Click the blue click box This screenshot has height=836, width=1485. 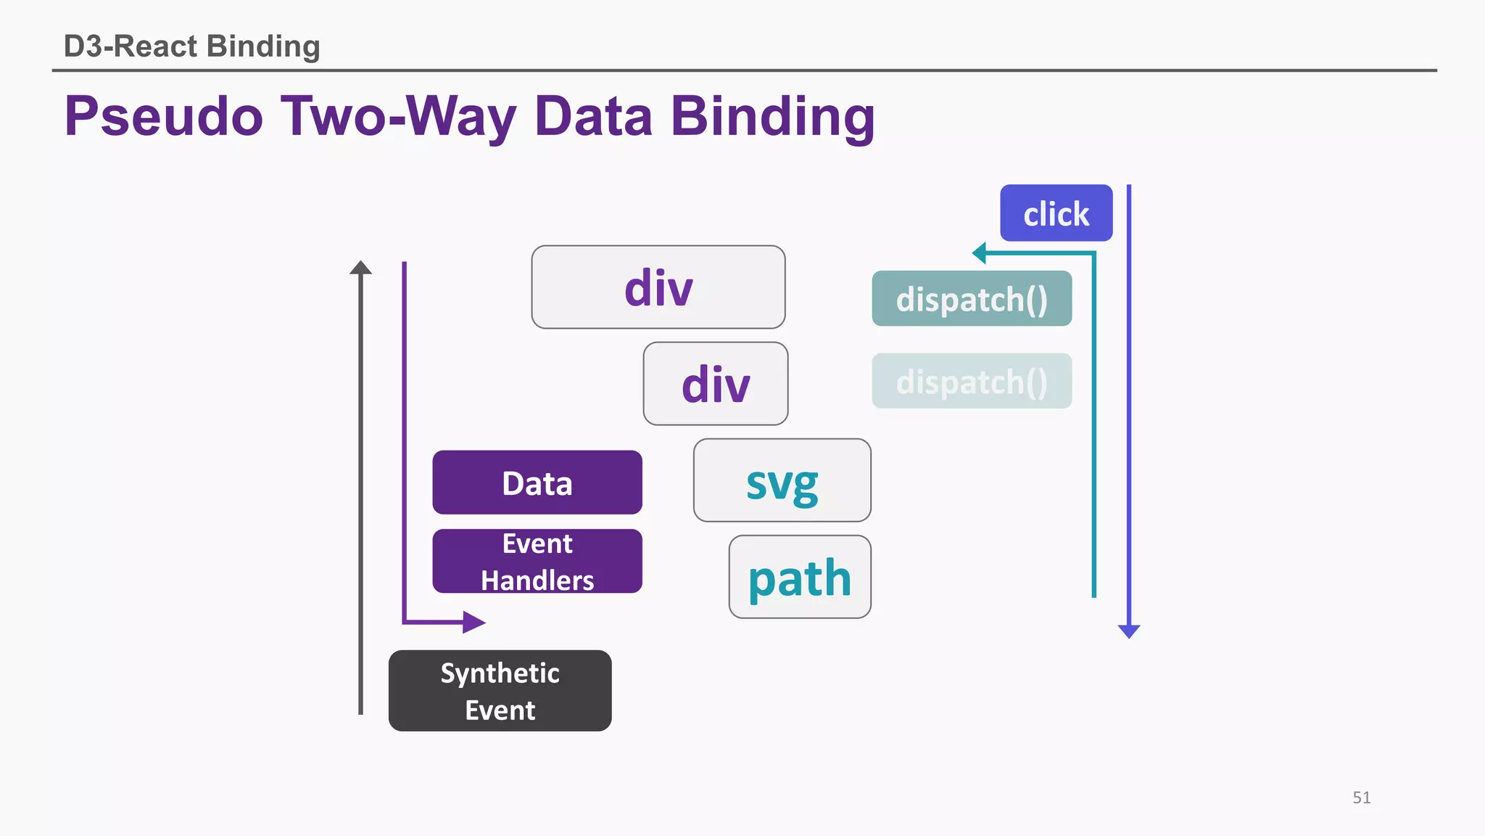(1056, 213)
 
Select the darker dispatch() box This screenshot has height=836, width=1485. (972, 299)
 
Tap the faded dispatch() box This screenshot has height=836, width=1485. (972, 382)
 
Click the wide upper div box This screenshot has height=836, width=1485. (658, 287)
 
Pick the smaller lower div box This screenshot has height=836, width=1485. (716, 384)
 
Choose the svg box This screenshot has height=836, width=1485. (782, 480)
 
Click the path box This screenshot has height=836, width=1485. (800, 578)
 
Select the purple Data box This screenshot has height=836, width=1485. (537, 483)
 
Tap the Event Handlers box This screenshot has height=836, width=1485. (537, 562)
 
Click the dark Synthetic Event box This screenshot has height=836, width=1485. (500, 691)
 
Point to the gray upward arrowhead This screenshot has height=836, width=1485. (360, 268)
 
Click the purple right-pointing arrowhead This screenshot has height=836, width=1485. (473, 622)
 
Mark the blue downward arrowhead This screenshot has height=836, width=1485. (1129, 631)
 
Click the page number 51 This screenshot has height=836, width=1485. (1361, 798)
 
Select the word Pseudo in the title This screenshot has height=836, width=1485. (164, 116)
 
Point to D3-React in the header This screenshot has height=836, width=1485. (131, 46)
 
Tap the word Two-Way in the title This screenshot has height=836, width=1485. (399, 116)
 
